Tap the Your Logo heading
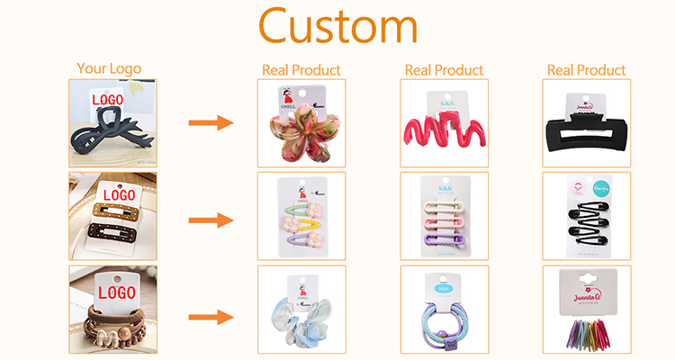click(109, 68)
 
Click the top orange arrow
click(211, 123)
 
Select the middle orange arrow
click(211, 220)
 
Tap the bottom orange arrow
click(211, 316)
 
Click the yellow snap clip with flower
click(301, 223)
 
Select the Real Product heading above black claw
click(587, 70)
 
